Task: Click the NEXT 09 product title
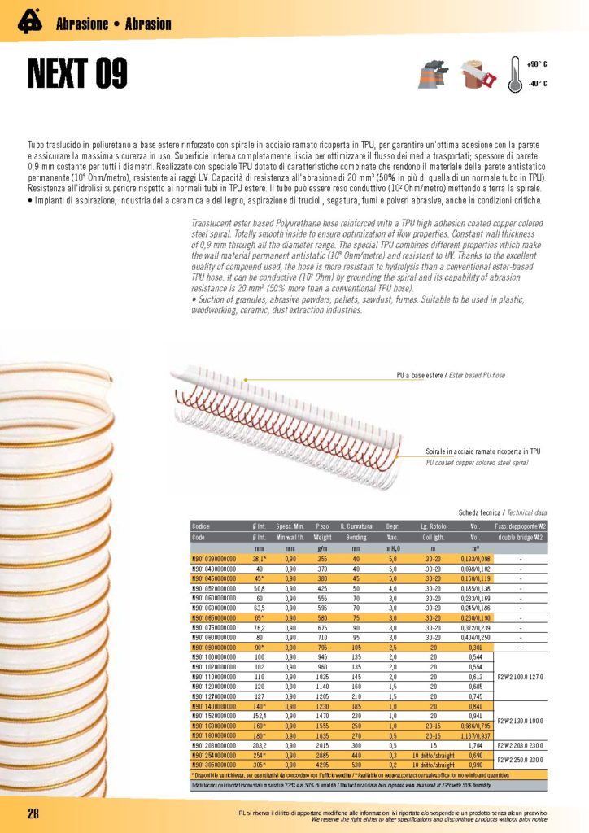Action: pos(77,72)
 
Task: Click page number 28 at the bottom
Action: pos(34,814)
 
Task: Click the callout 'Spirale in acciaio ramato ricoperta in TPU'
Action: pos(483,451)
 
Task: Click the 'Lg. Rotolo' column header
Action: pos(423,526)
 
